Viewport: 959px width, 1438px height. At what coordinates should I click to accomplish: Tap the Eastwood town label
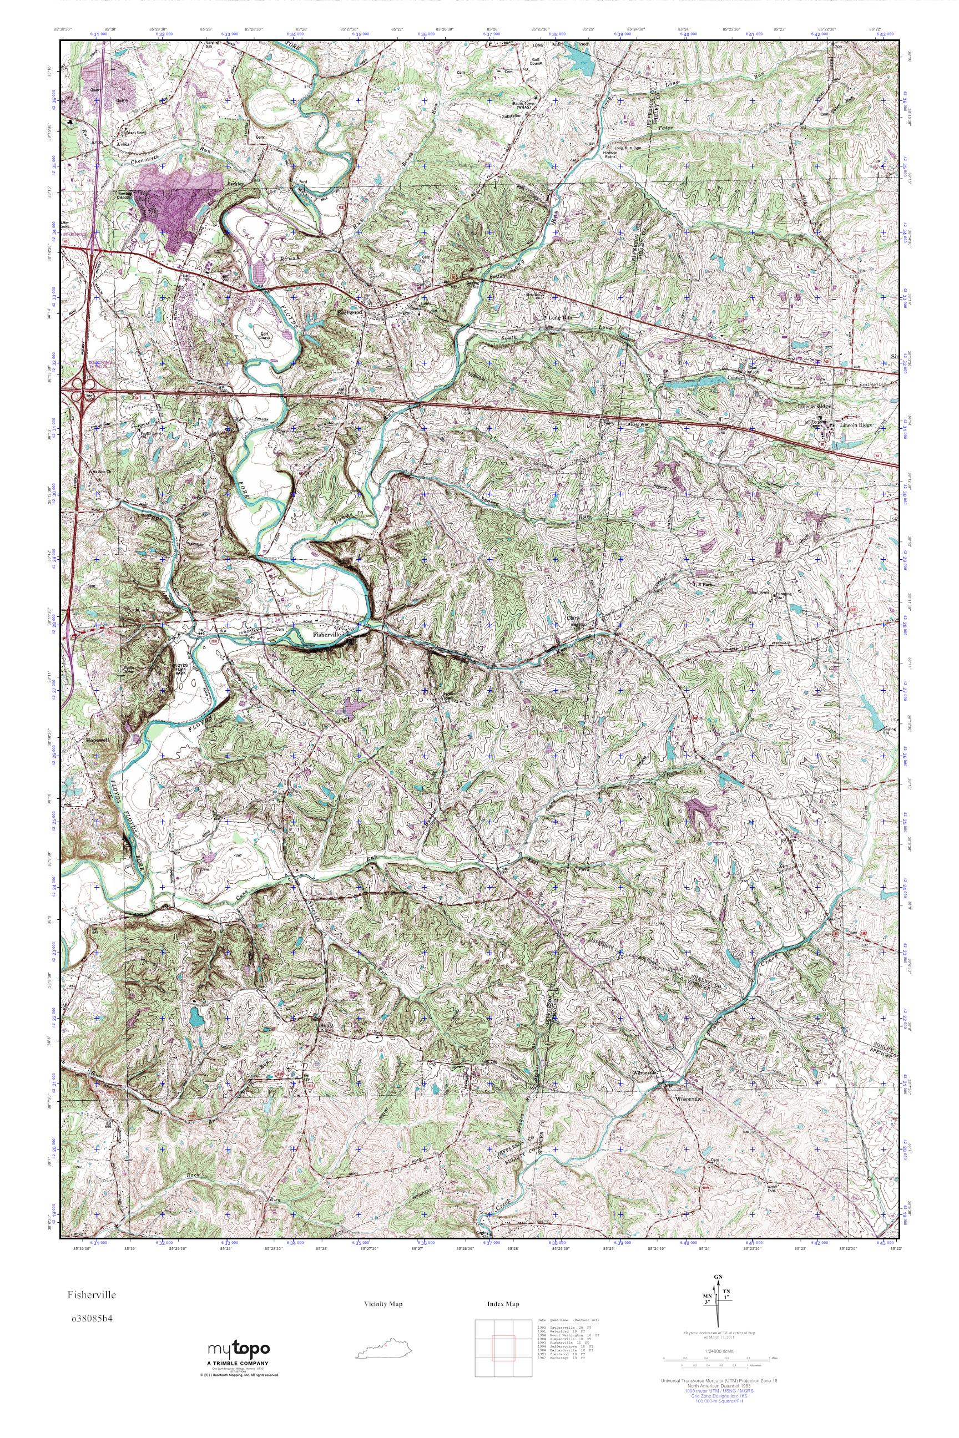click(x=350, y=312)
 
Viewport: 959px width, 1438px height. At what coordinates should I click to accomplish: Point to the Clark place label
click(x=573, y=617)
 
